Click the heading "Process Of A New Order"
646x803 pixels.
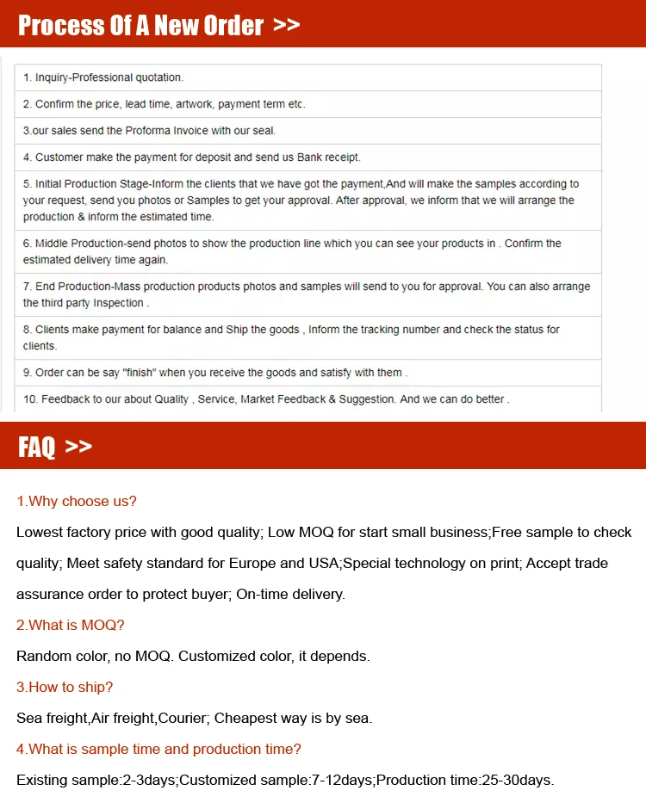(x=140, y=25)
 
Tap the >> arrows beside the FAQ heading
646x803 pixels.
(x=78, y=446)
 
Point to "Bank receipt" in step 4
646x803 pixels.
(x=328, y=158)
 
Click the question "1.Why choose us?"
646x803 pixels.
(x=77, y=501)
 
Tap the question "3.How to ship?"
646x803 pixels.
(x=65, y=687)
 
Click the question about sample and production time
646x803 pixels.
(x=159, y=749)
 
